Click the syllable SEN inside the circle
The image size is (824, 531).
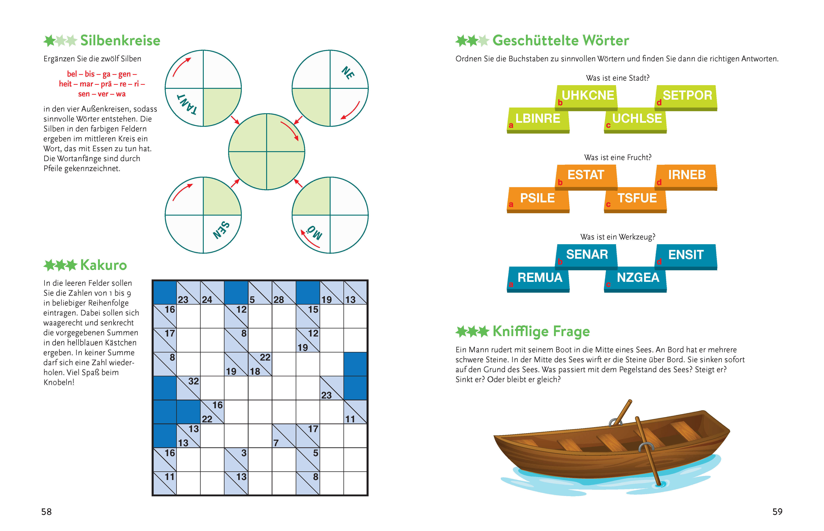tap(221, 230)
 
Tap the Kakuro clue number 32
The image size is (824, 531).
tap(193, 381)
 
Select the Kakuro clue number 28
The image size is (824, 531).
tap(279, 300)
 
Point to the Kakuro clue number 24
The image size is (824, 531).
tap(207, 300)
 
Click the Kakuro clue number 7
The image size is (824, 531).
tap(276, 443)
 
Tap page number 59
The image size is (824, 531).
tap(777, 512)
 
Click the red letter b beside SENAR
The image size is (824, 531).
tap(560, 262)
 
